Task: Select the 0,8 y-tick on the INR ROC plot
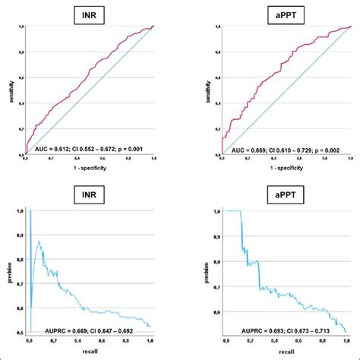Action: pyautogui.click(x=21, y=52)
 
